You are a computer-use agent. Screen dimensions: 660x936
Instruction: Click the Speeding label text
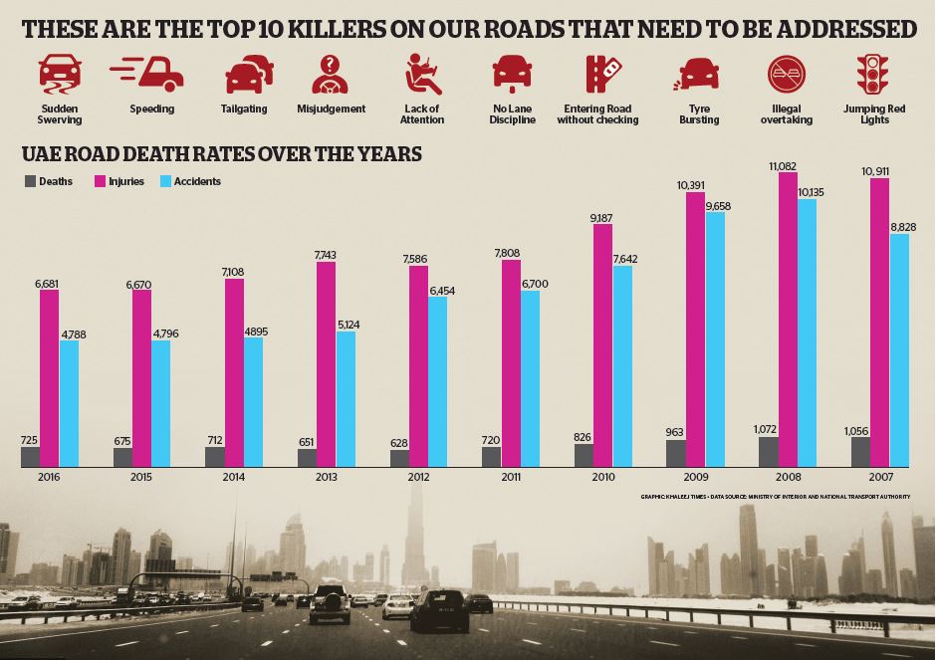pyautogui.click(x=151, y=109)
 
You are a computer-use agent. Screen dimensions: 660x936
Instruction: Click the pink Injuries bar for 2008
pyautogui.click(x=788, y=319)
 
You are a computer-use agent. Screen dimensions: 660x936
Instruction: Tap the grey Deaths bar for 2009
pyautogui.click(x=676, y=453)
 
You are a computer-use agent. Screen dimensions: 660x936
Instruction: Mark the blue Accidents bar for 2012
pyautogui.click(x=437, y=381)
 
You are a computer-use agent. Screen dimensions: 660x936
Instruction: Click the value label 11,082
pyautogui.click(x=787, y=165)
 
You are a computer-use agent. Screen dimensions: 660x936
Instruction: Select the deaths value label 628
pyautogui.click(x=399, y=442)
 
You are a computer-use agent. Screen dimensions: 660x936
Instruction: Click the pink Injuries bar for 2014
pyautogui.click(x=234, y=372)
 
